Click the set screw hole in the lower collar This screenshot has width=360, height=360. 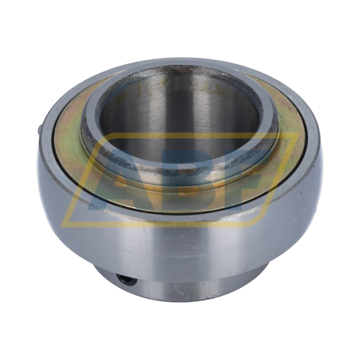click(x=127, y=279)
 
